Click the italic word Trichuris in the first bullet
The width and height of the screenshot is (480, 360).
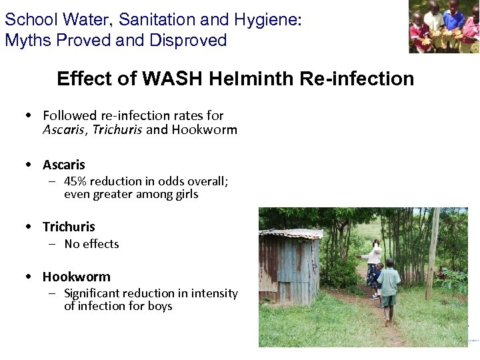(117, 129)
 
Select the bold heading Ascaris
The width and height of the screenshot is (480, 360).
(64, 164)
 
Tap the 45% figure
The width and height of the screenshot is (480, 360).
(75, 181)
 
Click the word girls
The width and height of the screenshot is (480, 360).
(185, 195)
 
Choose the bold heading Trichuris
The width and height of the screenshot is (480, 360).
(69, 227)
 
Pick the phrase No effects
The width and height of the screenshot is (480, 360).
(91, 244)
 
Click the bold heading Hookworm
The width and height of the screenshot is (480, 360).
(76, 276)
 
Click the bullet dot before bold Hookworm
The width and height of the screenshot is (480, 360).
(29, 276)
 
